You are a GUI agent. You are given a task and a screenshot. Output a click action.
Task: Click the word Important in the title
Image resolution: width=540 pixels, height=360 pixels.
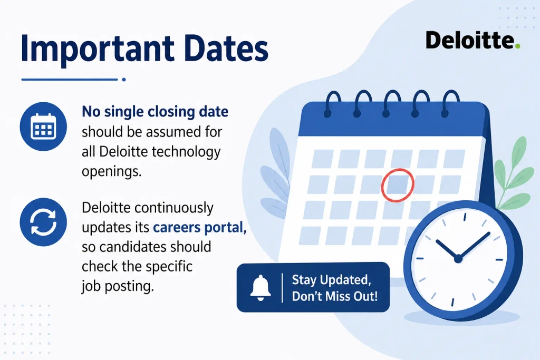click(98, 49)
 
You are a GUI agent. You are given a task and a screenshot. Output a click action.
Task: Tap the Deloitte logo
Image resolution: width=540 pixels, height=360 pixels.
click(473, 40)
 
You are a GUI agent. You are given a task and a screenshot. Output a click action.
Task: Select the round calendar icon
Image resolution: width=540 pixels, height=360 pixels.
click(43, 127)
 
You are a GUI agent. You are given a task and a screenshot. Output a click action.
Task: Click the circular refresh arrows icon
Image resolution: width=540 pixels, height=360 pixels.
click(43, 222)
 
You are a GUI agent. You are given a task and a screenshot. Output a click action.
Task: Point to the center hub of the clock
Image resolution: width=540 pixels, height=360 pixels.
click(458, 259)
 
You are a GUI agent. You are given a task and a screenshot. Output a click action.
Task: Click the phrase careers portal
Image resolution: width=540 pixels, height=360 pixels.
click(200, 228)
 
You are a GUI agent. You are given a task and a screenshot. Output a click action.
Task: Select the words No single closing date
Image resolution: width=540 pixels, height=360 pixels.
click(155, 112)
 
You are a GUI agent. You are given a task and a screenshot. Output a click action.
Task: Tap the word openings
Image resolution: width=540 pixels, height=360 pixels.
click(112, 171)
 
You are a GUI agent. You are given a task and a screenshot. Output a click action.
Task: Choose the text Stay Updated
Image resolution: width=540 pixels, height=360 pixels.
click(331, 280)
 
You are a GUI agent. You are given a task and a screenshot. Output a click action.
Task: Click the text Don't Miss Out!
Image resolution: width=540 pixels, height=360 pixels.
click(335, 296)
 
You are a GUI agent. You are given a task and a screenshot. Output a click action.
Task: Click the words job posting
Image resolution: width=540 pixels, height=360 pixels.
click(118, 286)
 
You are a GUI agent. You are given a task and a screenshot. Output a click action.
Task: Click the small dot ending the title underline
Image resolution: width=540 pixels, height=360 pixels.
click(124, 80)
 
